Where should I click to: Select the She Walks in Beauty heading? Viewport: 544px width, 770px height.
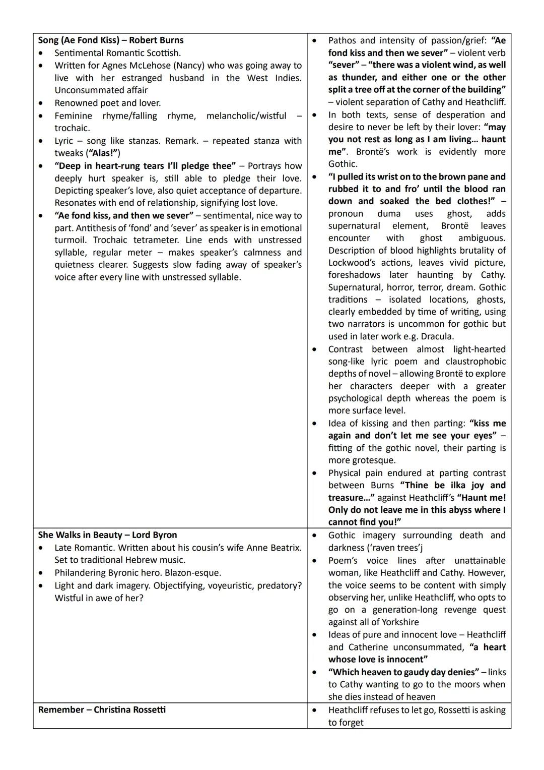tap(107, 535)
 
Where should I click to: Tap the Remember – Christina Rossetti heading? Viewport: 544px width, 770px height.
tap(102, 709)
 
